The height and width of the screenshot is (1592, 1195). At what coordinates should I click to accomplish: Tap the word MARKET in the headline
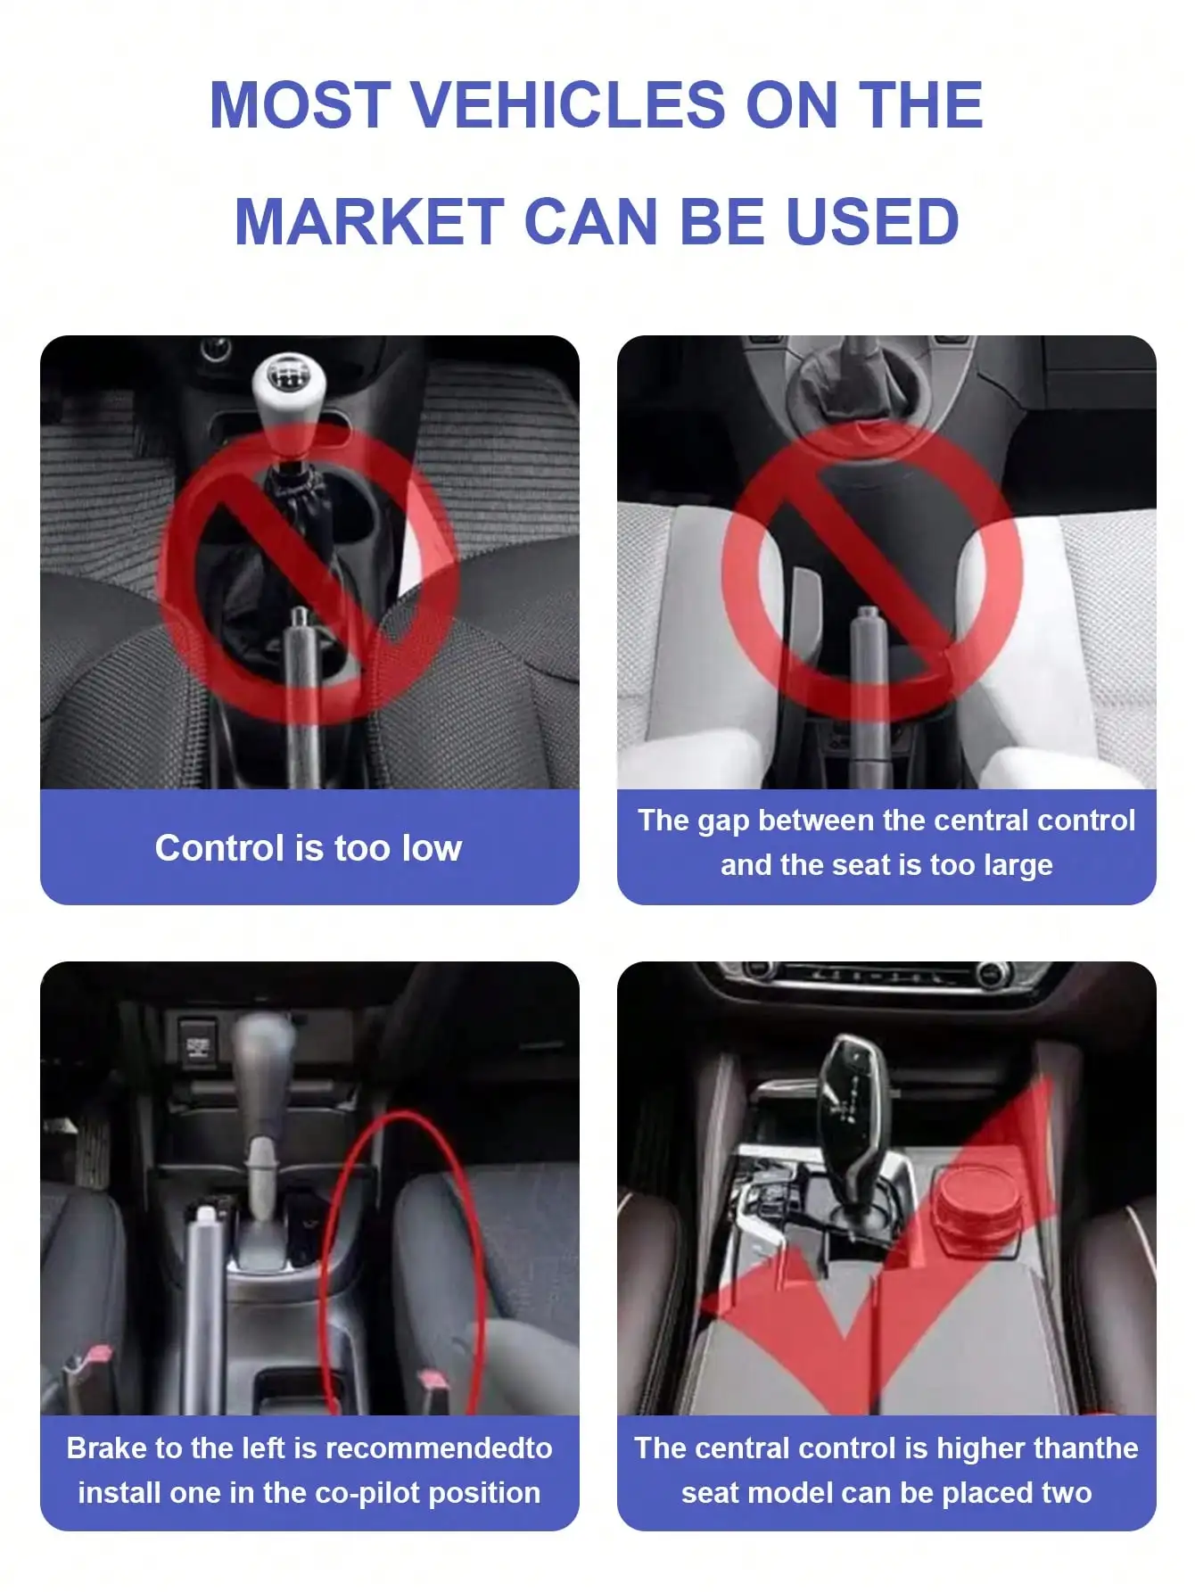pos(368,222)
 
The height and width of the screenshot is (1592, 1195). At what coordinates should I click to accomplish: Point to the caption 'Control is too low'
pos(309,848)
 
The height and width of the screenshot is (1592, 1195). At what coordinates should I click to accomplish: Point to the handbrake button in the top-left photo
pos(301,616)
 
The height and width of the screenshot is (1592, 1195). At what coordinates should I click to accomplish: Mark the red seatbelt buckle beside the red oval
pos(435,1383)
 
